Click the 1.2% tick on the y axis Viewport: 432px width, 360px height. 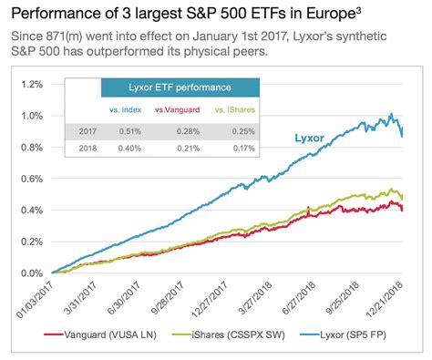29,85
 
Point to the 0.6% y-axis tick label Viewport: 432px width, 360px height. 29,179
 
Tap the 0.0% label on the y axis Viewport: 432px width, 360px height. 29,273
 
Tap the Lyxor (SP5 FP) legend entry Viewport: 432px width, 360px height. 359,336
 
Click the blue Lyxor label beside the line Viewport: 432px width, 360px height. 312,139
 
